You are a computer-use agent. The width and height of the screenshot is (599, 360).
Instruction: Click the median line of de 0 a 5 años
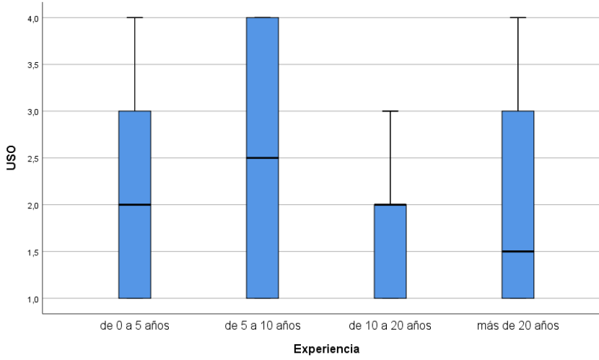tap(135, 205)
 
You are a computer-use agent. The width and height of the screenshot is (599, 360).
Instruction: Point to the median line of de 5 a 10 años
tap(263, 158)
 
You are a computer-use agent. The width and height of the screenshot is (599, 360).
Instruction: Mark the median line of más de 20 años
tap(518, 251)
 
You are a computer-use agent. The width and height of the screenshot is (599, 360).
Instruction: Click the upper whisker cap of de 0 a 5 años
tap(135, 17)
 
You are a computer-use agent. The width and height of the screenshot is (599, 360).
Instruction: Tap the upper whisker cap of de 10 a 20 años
tap(390, 111)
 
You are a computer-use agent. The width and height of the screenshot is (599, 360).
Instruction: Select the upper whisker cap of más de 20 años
tap(518, 17)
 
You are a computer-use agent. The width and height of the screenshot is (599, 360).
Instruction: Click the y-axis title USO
tap(11, 158)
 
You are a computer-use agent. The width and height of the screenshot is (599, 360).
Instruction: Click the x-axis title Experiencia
tap(326, 349)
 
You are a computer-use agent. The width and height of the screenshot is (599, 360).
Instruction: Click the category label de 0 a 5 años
tap(135, 325)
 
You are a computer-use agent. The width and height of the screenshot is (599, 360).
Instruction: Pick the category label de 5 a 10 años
tap(263, 325)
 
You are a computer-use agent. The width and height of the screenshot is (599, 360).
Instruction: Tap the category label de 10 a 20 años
tap(390, 325)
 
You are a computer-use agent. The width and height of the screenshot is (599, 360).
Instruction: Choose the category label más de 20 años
tap(518, 325)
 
